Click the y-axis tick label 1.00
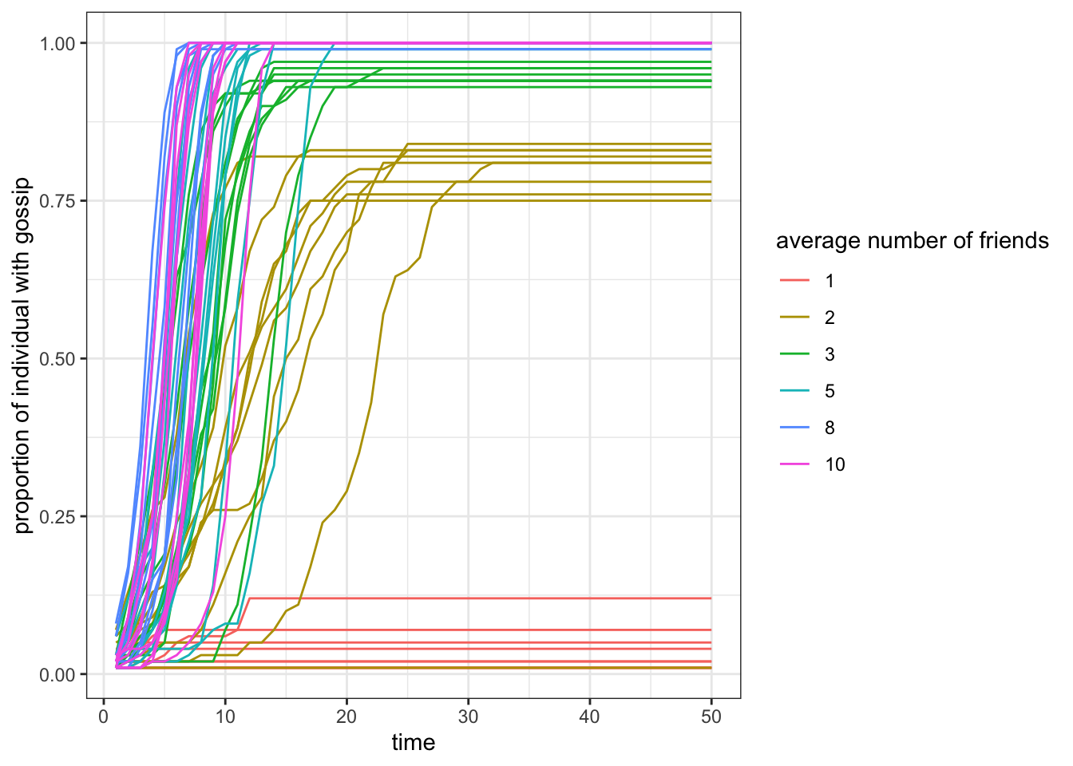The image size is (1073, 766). (x=57, y=43)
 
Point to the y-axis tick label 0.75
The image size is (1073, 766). (x=57, y=201)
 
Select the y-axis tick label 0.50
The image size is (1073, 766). (x=57, y=359)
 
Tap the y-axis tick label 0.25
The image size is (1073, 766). (x=57, y=516)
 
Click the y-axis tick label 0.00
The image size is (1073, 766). (x=57, y=674)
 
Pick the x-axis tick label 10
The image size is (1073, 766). (x=225, y=717)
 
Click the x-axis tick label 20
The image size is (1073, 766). (x=346, y=717)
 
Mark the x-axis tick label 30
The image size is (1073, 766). (x=468, y=717)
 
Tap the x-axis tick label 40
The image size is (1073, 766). (x=589, y=717)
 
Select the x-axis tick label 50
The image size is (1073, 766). (x=711, y=717)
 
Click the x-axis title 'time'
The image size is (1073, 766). (x=413, y=743)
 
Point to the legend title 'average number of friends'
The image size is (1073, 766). (x=912, y=241)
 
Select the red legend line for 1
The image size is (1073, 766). (x=794, y=281)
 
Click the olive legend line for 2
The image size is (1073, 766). (x=794, y=318)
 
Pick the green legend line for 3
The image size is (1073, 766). (x=794, y=354)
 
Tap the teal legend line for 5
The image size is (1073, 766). (x=794, y=391)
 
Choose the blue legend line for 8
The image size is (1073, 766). (x=794, y=428)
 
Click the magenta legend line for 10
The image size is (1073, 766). (x=794, y=464)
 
